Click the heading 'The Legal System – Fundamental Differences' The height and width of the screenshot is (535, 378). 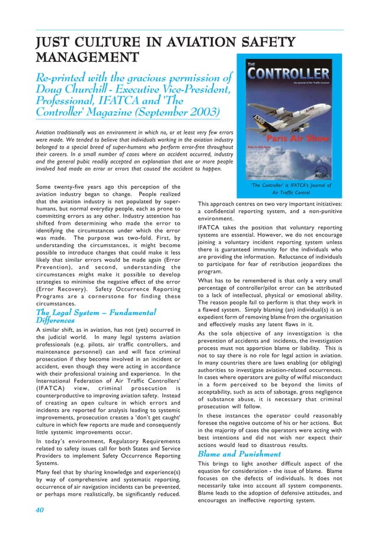(x=96, y=317)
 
